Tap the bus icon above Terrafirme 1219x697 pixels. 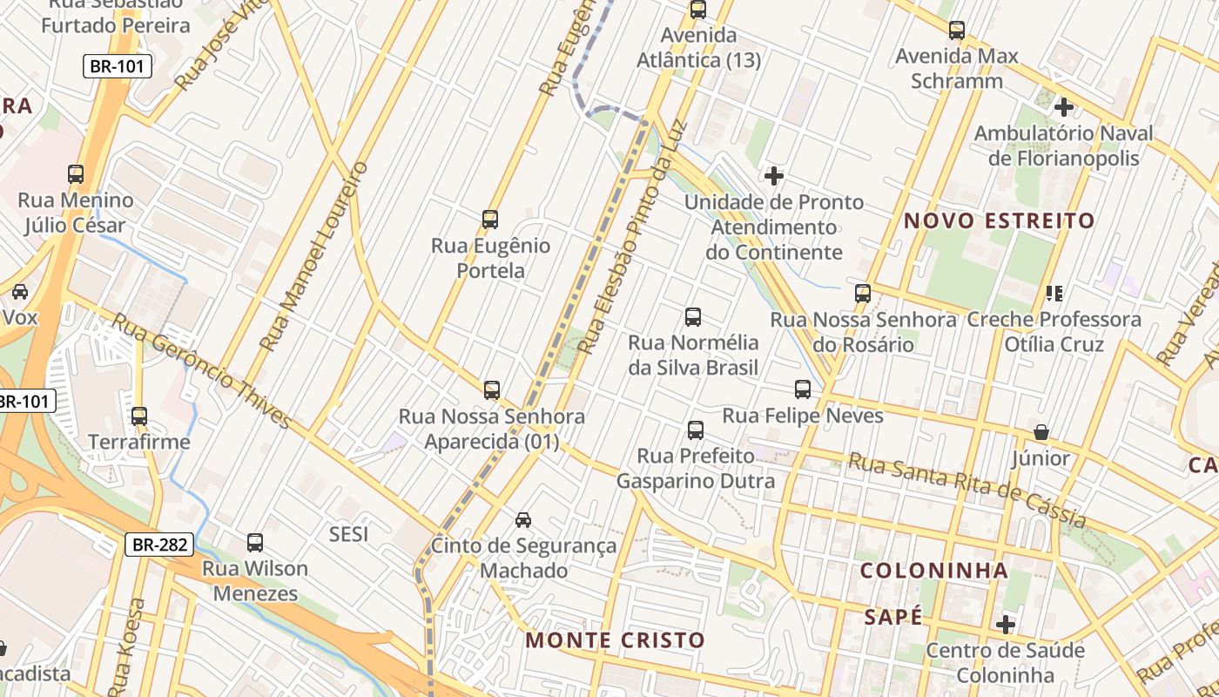tap(139, 416)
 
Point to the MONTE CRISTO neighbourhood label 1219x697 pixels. tap(615, 640)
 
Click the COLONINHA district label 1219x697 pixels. tap(934, 572)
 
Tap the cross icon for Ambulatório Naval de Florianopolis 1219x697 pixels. tap(1063, 107)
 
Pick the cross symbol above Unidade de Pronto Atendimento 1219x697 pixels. tap(773, 176)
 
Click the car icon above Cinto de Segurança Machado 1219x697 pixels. tap(523, 520)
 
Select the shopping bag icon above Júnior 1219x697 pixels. tap(1041, 432)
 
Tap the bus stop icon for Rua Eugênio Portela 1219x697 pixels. tap(490, 220)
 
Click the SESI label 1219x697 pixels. tap(348, 534)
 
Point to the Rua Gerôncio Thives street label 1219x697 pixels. tap(201, 372)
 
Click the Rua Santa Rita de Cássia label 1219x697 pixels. tap(967, 491)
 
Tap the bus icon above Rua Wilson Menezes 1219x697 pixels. tap(255, 543)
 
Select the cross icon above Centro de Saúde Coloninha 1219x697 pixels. tap(1006, 625)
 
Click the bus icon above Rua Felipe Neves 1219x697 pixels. tap(803, 389)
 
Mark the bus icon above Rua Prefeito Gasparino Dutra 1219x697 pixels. tap(695, 430)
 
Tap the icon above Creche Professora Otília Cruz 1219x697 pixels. tap(1054, 294)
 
